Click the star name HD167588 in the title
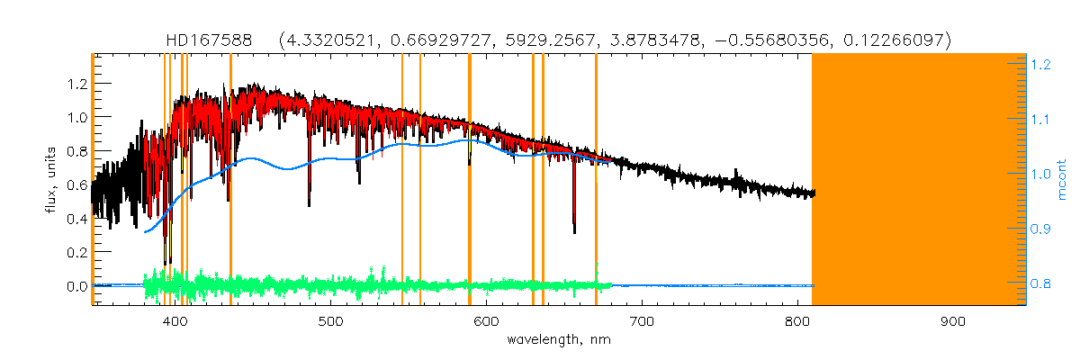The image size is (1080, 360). [215, 40]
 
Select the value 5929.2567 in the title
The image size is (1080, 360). [555, 40]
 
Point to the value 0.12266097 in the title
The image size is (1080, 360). [895, 40]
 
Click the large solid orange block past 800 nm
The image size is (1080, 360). [918, 180]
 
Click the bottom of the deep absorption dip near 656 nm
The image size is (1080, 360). [574, 231]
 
